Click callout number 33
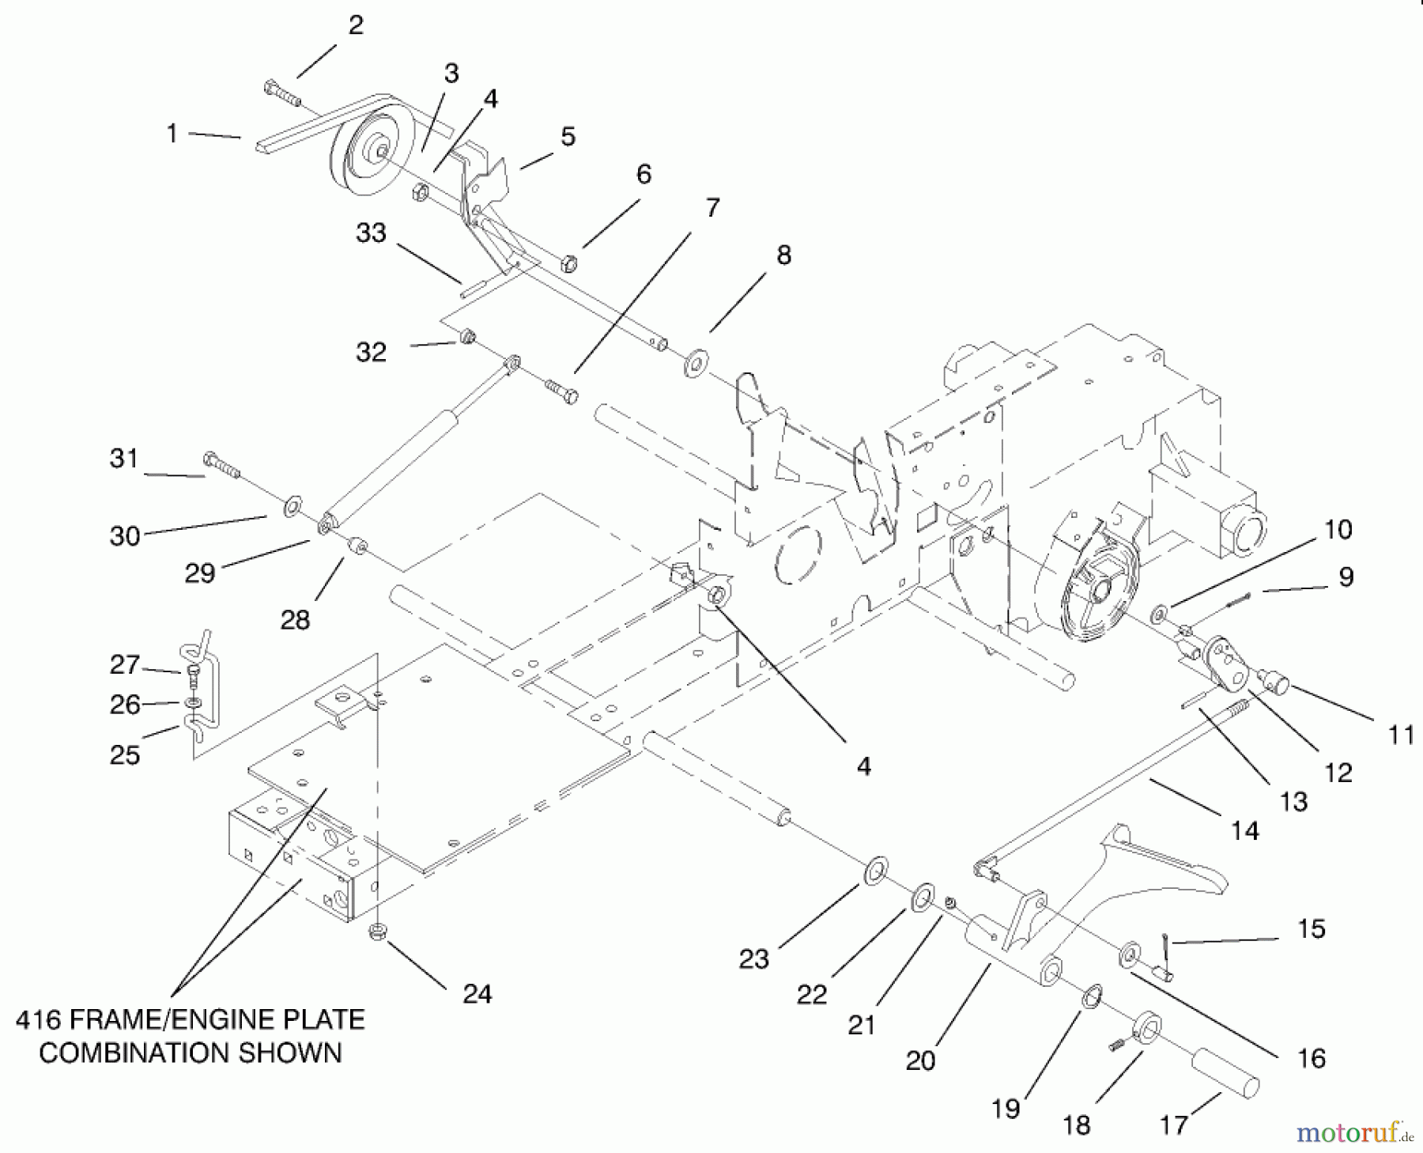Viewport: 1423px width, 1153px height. point(370,232)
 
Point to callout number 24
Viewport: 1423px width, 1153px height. point(477,993)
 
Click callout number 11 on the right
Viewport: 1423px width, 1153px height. point(1400,735)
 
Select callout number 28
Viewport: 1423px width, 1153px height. point(295,619)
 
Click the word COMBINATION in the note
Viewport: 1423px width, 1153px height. point(190,1053)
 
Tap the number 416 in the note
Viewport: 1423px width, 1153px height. point(39,1020)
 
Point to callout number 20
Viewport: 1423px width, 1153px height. point(920,1060)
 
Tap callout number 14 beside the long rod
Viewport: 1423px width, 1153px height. point(1244,830)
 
